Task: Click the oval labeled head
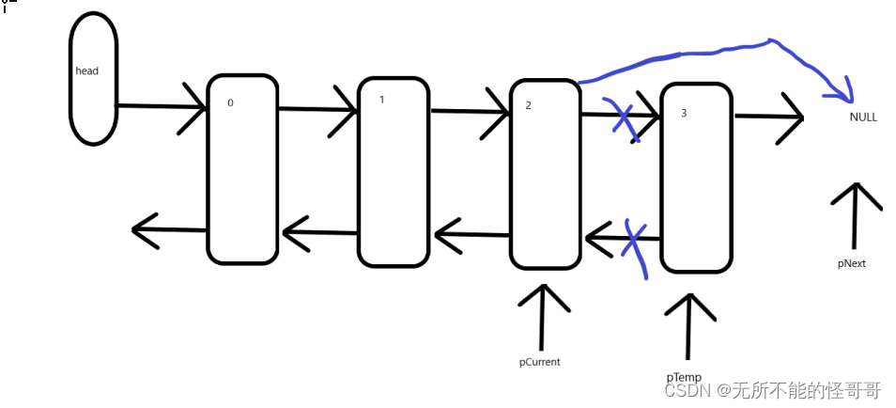(93, 80)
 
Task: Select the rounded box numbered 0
(242, 169)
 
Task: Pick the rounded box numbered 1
(394, 171)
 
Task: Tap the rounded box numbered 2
(546, 174)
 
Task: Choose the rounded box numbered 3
(696, 177)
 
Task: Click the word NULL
(863, 117)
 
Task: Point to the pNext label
(852, 264)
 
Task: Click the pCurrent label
(540, 361)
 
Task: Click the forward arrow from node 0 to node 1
(317, 110)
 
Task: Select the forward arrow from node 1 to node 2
(469, 113)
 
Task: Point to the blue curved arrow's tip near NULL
(848, 94)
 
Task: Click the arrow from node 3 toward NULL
(768, 118)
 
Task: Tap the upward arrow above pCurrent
(542, 315)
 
